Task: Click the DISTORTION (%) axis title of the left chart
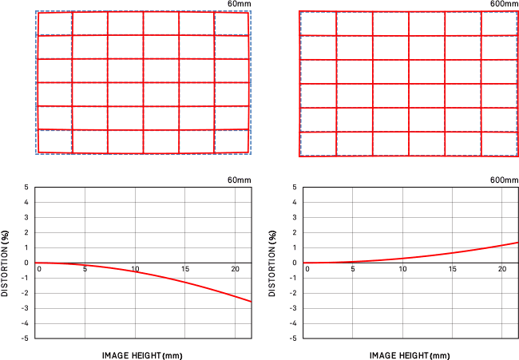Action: tap(6, 263)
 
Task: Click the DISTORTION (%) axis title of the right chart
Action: tap(274, 263)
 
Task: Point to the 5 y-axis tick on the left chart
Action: tap(27, 188)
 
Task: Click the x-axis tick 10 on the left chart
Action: tap(136, 268)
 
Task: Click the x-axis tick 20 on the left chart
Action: tap(235, 268)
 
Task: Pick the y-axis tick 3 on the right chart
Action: tap(295, 218)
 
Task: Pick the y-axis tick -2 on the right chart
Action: tap(294, 293)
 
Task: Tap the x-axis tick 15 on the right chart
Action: tap(454, 268)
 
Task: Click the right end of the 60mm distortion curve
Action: tap(251, 302)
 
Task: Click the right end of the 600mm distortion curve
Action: tap(518, 242)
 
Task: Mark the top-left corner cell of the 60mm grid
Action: tap(54, 24)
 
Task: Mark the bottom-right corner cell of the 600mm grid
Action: tap(499, 144)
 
